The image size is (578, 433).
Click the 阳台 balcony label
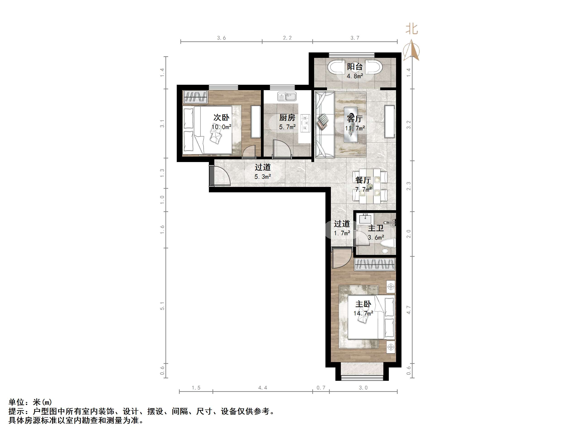pyautogui.click(x=355, y=67)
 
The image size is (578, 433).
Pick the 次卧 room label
pyautogui.click(x=221, y=118)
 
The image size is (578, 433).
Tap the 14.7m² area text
pyautogui.click(x=363, y=313)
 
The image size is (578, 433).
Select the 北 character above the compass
pyautogui.click(x=412, y=29)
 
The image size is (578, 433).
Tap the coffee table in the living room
pyautogui.click(x=351, y=125)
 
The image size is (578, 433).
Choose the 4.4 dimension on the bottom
pyautogui.click(x=263, y=388)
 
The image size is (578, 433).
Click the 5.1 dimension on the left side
pyautogui.click(x=162, y=306)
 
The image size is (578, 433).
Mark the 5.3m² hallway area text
pyautogui.click(x=263, y=177)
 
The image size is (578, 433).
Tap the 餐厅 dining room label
pyautogui.click(x=363, y=180)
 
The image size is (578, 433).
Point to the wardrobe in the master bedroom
pyautogui.click(x=375, y=264)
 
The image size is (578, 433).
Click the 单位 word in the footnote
pyautogui.click(x=17, y=402)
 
